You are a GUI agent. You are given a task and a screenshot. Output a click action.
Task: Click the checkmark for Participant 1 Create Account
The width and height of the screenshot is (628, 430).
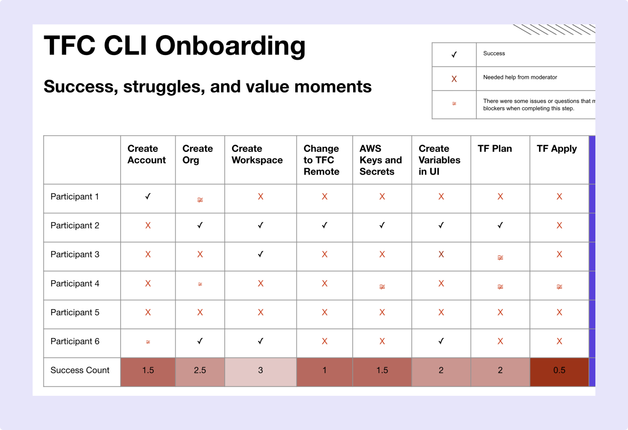click(x=148, y=197)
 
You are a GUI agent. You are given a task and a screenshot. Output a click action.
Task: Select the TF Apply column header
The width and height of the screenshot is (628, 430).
click(x=557, y=149)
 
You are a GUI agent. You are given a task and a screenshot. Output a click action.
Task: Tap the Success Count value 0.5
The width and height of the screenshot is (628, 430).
click(x=559, y=370)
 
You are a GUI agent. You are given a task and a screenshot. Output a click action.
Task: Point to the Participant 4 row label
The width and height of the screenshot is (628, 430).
click(x=75, y=283)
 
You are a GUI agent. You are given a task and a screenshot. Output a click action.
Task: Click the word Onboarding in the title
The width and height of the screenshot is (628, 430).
click(x=230, y=46)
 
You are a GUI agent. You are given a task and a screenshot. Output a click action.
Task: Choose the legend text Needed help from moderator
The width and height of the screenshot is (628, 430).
click(x=520, y=77)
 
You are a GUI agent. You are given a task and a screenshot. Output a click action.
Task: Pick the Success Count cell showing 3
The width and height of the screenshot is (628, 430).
click(x=260, y=370)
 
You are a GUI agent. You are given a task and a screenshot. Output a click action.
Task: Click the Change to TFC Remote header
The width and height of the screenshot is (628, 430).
click(x=321, y=160)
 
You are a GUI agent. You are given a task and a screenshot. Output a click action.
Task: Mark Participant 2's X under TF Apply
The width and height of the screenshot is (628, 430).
click(x=559, y=226)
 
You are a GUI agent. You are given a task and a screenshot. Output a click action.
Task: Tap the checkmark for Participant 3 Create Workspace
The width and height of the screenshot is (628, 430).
click(x=261, y=254)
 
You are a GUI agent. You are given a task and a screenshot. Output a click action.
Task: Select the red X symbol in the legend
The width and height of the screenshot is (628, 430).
click(x=454, y=79)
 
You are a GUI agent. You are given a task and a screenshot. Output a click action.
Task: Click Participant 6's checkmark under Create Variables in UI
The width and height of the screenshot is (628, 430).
click(x=441, y=341)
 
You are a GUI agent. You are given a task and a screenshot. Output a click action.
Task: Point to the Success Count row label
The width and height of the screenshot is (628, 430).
click(x=80, y=370)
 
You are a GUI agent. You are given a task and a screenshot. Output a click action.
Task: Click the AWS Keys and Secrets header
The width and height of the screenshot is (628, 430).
click(x=380, y=160)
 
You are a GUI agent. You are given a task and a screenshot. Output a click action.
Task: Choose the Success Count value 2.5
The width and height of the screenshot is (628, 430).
click(x=200, y=370)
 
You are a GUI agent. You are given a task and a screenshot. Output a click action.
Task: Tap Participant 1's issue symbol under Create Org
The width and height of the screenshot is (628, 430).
click(x=200, y=200)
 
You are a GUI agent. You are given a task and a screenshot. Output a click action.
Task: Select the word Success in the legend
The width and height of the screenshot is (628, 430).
click(x=494, y=53)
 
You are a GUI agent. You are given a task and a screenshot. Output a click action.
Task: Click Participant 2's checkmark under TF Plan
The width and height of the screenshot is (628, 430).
click(x=500, y=226)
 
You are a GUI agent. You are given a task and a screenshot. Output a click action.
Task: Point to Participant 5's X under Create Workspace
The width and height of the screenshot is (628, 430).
click(x=261, y=312)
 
